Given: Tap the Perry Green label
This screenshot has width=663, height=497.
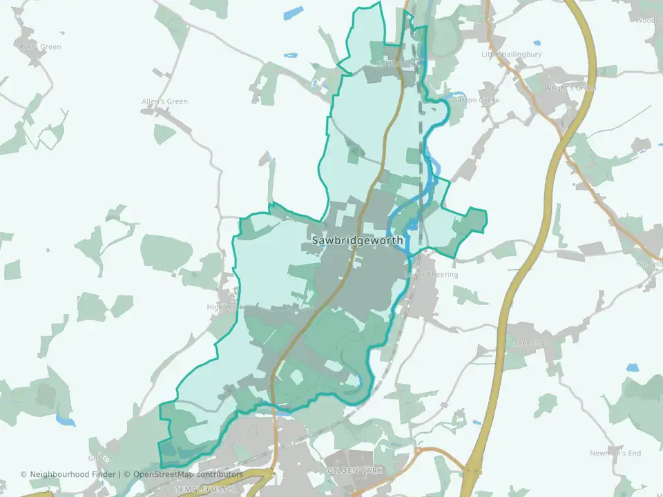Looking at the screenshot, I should click(x=40, y=47).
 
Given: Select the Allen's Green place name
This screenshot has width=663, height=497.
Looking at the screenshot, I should click(x=164, y=101).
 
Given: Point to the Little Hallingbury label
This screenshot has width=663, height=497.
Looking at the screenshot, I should click(x=511, y=54).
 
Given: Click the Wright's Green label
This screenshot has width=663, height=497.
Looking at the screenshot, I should click(x=570, y=88).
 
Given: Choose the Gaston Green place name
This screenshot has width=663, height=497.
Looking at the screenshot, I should click(x=475, y=100).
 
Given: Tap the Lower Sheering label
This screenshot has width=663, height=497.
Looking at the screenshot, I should click(x=431, y=274).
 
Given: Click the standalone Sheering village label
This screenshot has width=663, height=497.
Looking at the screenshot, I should click(x=530, y=343).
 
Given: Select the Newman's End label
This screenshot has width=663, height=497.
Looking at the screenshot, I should click(x=615, y=453).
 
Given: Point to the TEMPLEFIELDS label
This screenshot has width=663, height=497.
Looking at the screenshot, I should click(x=204, y=489).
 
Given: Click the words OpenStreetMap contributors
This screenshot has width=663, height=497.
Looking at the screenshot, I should click(x=188, y=474).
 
